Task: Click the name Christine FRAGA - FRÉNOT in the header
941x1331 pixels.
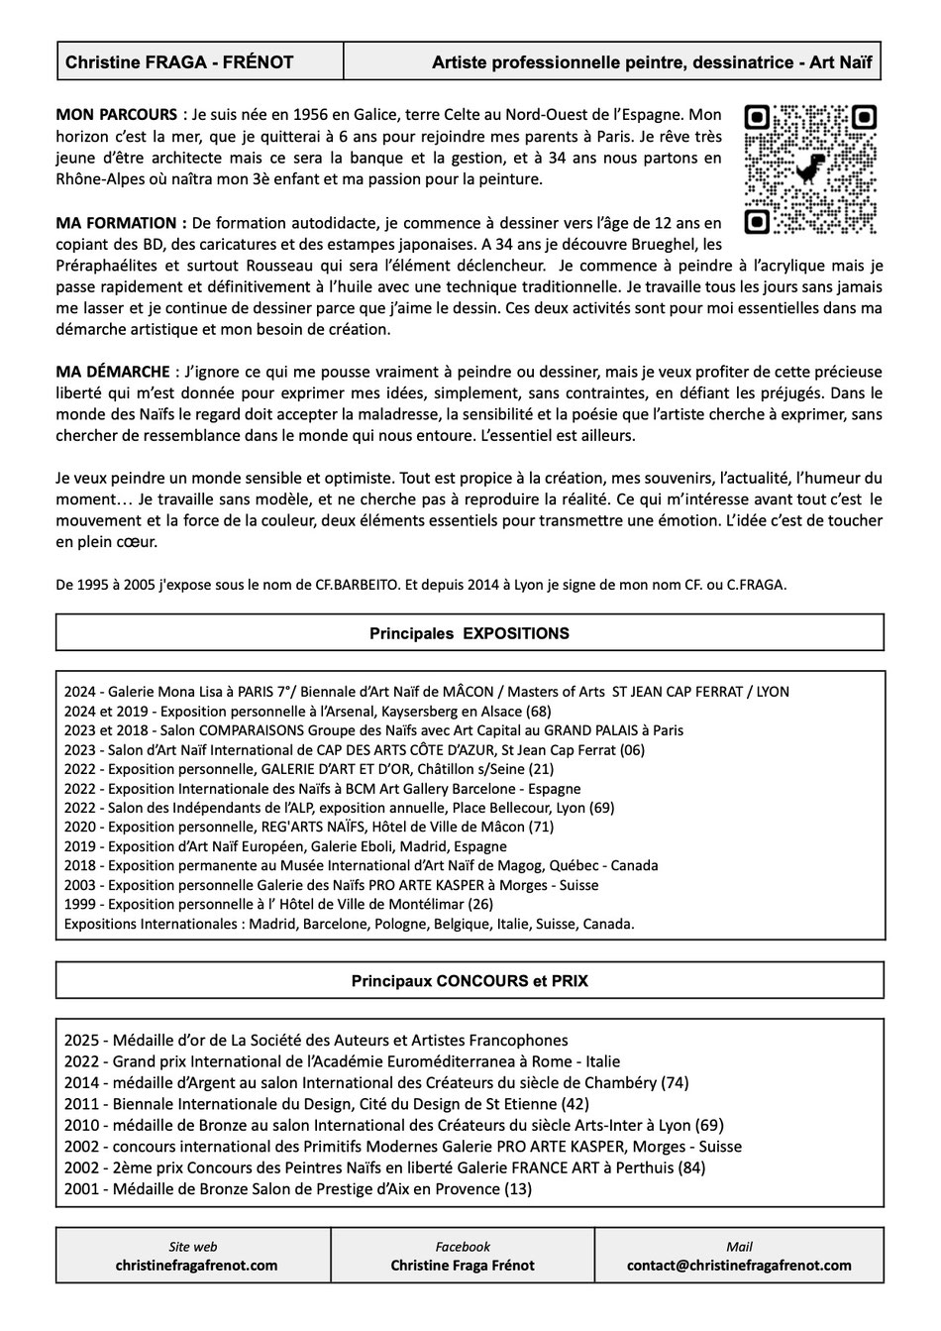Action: click(x=179, y=62)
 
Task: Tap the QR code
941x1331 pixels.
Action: click(x=811, y=168)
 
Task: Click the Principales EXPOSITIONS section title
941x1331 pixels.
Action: click(x=470, y=632)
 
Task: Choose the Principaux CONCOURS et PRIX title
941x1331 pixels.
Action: click(x=470, y=981)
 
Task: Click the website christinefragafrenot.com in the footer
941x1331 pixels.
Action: click(x=196, y=1266)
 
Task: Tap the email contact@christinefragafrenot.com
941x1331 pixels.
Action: click(x=739, y=1266)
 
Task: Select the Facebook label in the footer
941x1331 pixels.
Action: click(x=463, y=1247)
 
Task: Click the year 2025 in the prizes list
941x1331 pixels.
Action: click(x=80, y=1040)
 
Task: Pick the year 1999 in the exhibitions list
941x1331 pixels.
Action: click(x=79, y=904)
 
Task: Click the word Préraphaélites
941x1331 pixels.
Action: click(x=107, y=266)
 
